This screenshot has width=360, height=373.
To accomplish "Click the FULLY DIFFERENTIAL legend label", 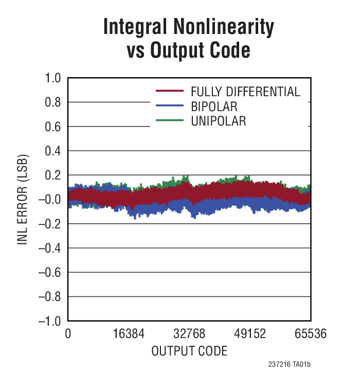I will tap(245, 92).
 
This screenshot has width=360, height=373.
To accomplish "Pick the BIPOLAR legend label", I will tap(214, 107).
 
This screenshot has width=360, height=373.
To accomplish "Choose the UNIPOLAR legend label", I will tap(219, 121).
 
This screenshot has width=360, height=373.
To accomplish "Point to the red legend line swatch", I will tap(170, 91).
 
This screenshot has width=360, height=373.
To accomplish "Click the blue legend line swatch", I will tap(170, 105).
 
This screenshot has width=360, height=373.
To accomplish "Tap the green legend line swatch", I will tap(170, 120).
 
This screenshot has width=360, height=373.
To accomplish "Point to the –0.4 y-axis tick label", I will tap(49, 248).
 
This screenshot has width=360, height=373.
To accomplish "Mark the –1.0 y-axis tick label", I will tap(49, 321).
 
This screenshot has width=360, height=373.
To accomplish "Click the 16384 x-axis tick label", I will tap(129, 333).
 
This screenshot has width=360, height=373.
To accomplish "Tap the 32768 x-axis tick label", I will tap(189, 333).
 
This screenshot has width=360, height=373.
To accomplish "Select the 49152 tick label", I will tap(250, 333).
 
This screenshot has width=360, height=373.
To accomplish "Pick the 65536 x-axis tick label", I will tap(310, 333).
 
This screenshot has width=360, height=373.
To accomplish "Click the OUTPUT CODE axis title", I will tap(189, 351).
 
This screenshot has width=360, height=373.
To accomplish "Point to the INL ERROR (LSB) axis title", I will tap(22, 199).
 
